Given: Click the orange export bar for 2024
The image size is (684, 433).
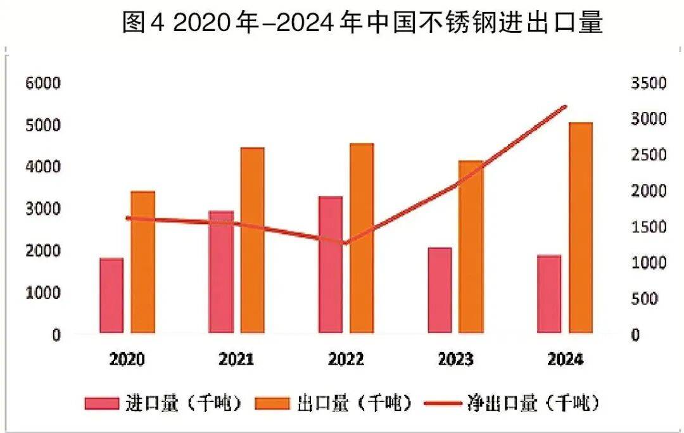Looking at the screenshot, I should [x=580, y=228].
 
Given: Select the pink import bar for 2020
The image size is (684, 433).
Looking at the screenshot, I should [x=111, y=296].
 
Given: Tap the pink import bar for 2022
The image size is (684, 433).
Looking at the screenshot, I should [x=330, y=265].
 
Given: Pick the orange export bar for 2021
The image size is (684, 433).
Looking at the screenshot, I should [x=252, y=241].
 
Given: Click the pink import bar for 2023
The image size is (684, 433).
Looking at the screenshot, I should [x=440, y=290].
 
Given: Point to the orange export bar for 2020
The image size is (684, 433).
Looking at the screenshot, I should [x=143, y=262].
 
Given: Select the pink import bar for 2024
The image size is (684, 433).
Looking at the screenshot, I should [x=548, y=294].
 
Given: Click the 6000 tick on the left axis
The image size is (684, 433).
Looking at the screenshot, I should [x=42, y=84].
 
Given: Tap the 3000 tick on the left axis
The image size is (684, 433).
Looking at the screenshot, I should [x=42, y=209].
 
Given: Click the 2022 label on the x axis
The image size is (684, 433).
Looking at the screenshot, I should [x=346, y=360].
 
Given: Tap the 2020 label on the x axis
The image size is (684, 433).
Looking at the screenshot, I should [x=127, y=360].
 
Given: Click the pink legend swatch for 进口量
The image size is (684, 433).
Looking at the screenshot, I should [x=101, y=403].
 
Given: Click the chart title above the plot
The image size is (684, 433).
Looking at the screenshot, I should [x=362, y=24].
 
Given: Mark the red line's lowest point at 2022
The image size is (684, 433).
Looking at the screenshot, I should [x=345, y=243].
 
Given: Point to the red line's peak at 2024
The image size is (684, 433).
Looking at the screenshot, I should [x=565, y=106].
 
